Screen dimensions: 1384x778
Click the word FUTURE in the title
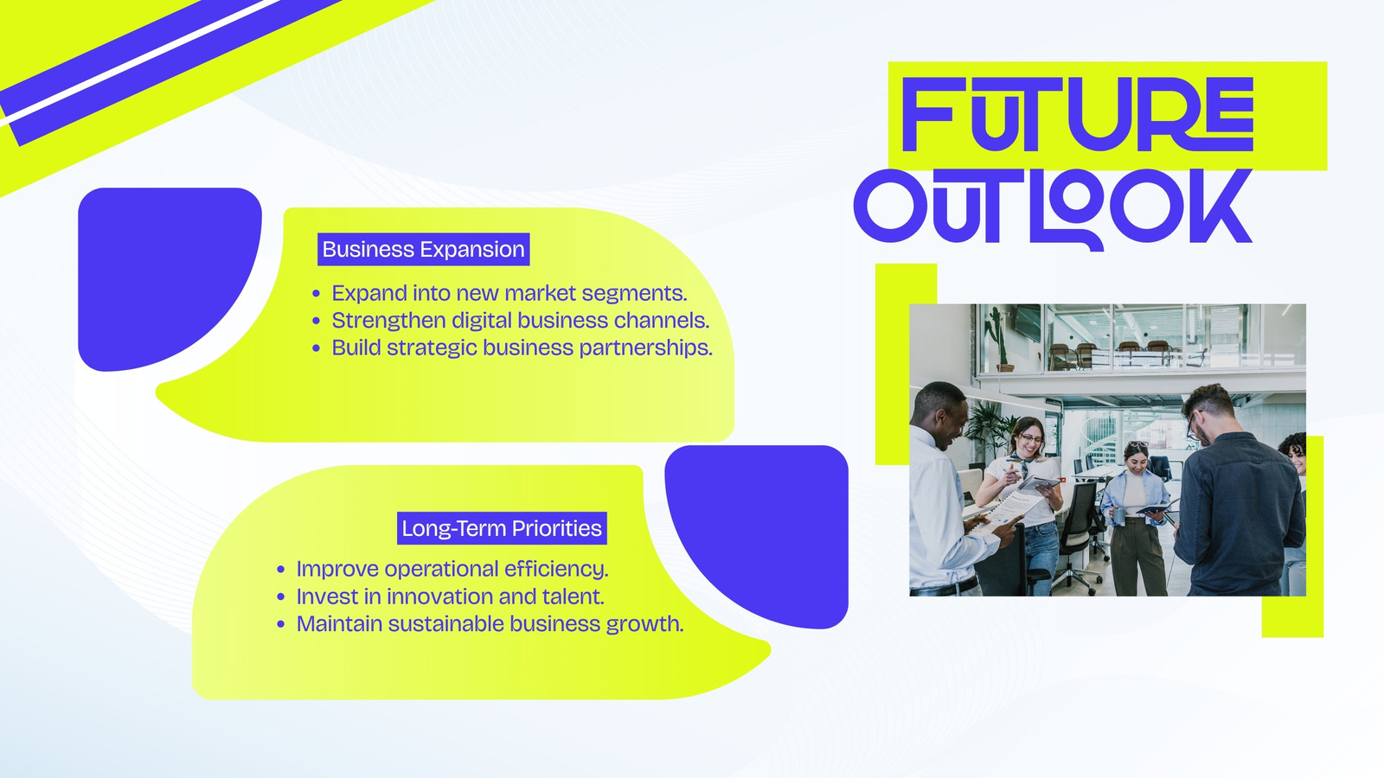pos(1078,114)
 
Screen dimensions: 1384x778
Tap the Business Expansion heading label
pos(423,250)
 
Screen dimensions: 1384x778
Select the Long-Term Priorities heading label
pos(502,528)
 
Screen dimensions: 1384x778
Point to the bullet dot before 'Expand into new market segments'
pos(317,294)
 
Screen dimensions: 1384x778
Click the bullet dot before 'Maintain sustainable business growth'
pos(281,625)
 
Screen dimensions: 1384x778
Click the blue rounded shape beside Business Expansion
pos(170,279)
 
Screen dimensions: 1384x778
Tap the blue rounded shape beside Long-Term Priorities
pos(756,537)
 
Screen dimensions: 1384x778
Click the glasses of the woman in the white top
pos(1030,439)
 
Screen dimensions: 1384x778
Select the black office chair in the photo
pos(1078,531)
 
